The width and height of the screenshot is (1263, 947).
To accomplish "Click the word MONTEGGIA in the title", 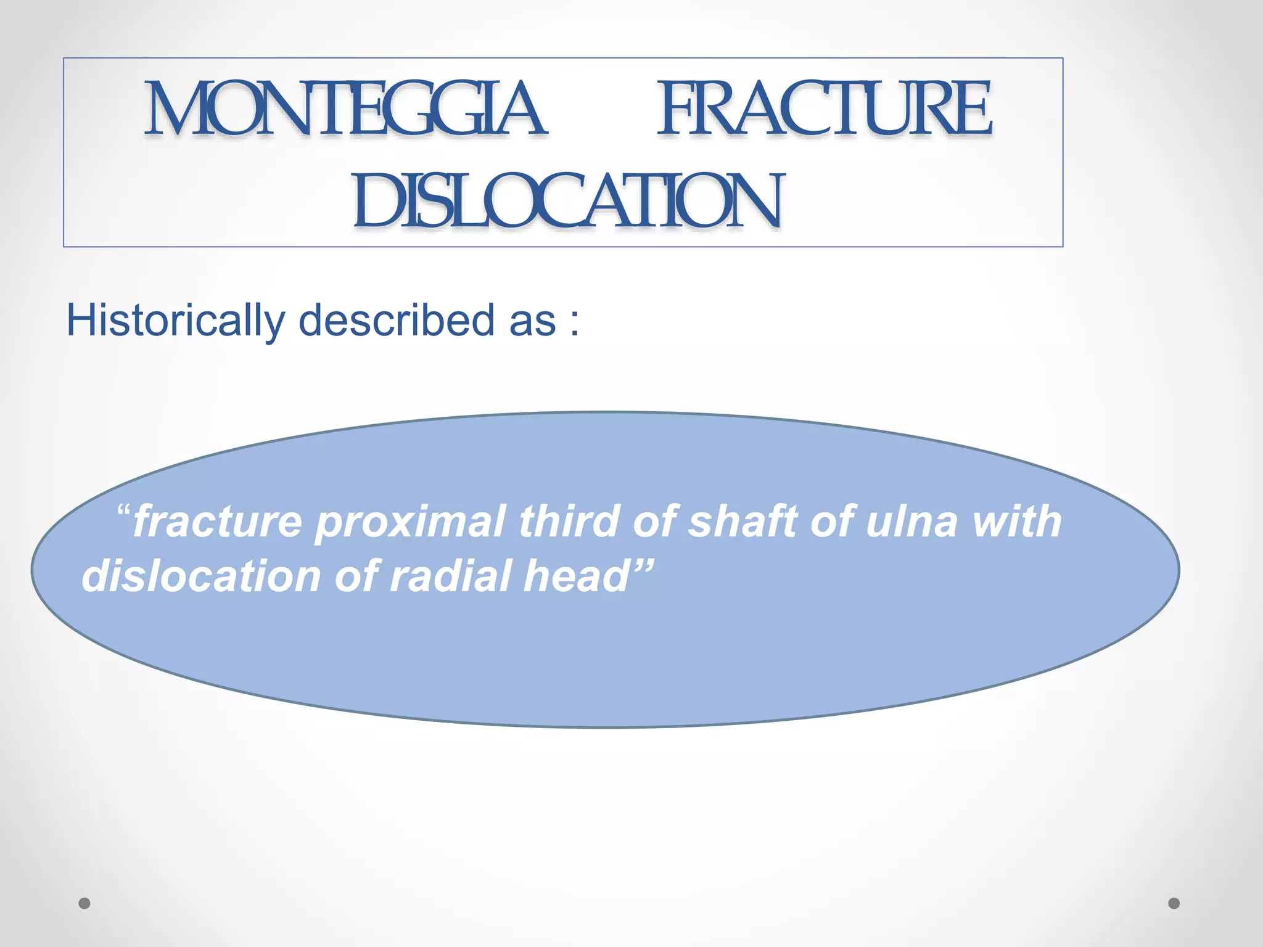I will click(345, 109).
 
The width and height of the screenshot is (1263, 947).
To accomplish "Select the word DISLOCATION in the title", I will click(568, 200).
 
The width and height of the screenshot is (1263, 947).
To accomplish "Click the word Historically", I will click(175, 321).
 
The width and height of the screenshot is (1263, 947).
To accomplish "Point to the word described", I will click(397, 321).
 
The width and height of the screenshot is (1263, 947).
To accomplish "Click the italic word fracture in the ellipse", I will click(217, 522).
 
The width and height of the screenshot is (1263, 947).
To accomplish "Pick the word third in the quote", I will click(568, 522).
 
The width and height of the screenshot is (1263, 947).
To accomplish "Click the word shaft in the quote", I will click(743, 522).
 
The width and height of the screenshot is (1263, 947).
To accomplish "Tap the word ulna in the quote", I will click(912, 522).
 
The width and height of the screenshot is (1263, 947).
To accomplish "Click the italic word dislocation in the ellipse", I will click(201, 576).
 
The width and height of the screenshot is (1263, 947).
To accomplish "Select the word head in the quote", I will click(574, 576).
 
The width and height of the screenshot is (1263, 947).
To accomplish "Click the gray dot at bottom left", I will click(84, 903).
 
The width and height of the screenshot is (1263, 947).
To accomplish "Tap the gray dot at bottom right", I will click(1174, 903).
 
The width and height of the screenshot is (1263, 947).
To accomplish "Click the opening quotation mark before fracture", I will click(123, 511).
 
